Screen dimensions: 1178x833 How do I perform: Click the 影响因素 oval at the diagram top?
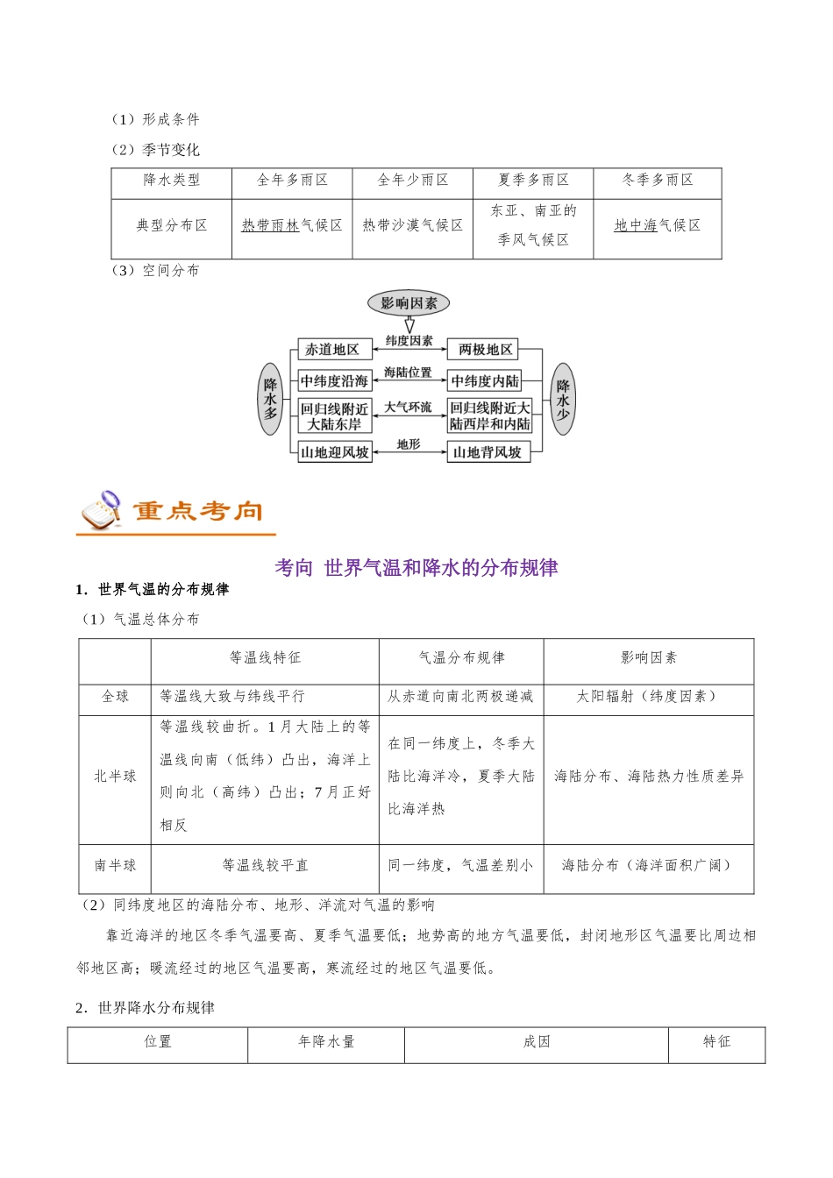tap(409, 303)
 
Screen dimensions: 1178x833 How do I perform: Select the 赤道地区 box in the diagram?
tap(332, 350)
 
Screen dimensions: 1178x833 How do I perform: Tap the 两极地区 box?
tap(485, 350)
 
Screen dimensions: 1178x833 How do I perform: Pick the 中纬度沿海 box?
tap(334, 381)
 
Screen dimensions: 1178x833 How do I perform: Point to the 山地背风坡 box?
tap(488, 452)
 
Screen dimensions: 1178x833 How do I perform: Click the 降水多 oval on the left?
tap(271, 399)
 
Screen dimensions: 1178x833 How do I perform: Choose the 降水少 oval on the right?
tap(563, 399)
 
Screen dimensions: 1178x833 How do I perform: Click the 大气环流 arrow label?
tap(408, 408)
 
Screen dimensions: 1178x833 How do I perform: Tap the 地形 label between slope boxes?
tap(409, 444)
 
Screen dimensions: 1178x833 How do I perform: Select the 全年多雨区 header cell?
tap(292, 181)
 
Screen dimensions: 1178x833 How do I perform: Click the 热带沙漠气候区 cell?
tap(413, 226)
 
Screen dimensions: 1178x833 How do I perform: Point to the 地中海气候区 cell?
tap(658, 226)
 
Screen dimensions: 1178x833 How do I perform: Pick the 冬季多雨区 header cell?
tap(658, 181)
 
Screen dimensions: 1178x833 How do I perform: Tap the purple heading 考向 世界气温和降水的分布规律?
tap(416, 568)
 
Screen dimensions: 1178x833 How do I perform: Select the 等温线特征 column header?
tap(265, 658)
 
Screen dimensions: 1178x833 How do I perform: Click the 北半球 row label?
tap(115, 777)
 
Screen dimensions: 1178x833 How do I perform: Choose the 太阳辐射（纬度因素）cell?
tap(648, 697)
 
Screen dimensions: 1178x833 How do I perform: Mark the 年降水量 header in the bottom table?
tap(326, 1042)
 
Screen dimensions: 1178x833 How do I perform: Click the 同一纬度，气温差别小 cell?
tap(460, 866)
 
